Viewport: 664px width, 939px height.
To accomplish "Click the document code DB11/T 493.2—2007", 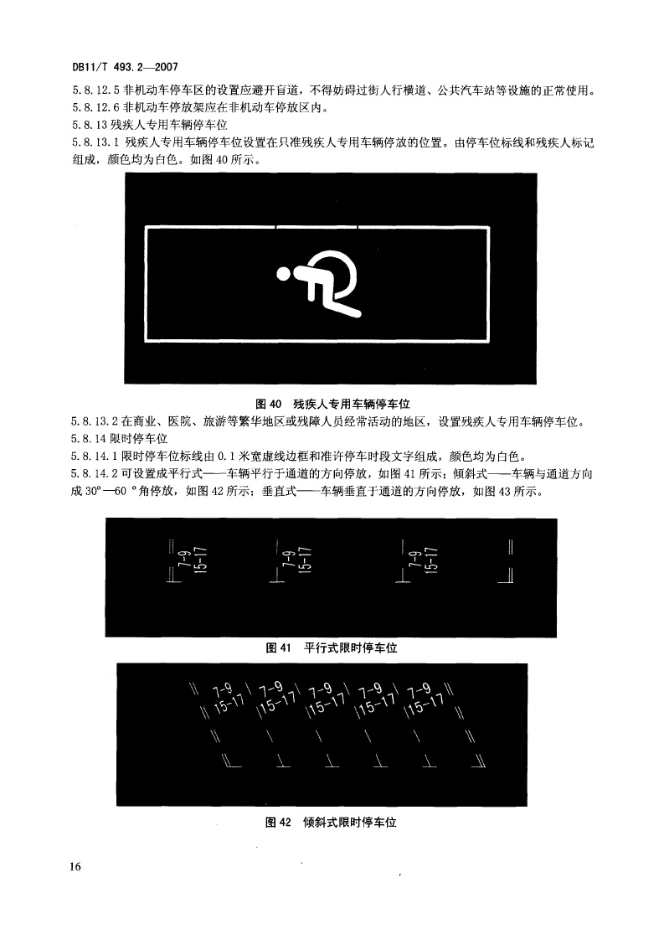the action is [125, 68].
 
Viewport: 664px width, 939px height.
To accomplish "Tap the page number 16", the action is [75, 866].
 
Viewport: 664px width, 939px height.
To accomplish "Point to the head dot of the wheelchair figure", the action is [283, 274].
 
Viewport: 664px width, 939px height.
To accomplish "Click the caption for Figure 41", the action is [331, 648].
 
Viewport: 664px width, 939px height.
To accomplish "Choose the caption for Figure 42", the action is [331, 822].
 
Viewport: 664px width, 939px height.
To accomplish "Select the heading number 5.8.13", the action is [90, 126].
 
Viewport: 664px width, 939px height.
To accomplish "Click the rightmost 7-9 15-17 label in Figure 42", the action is [425, 699].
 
